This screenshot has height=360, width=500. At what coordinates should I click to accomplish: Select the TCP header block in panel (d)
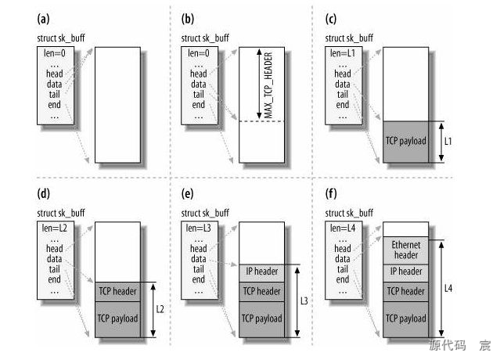coord(118,292)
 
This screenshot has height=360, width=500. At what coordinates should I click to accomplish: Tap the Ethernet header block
coord(406,250)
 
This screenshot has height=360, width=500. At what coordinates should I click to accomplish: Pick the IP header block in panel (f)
coord(406,271)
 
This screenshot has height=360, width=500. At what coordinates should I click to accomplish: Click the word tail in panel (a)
coord(54,94)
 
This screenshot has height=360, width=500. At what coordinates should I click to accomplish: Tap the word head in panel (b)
coord(199,74)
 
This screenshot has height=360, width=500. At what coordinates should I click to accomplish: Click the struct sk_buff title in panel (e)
coord(207,213)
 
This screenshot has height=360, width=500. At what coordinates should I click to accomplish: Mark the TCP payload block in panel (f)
coord(406,319)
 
